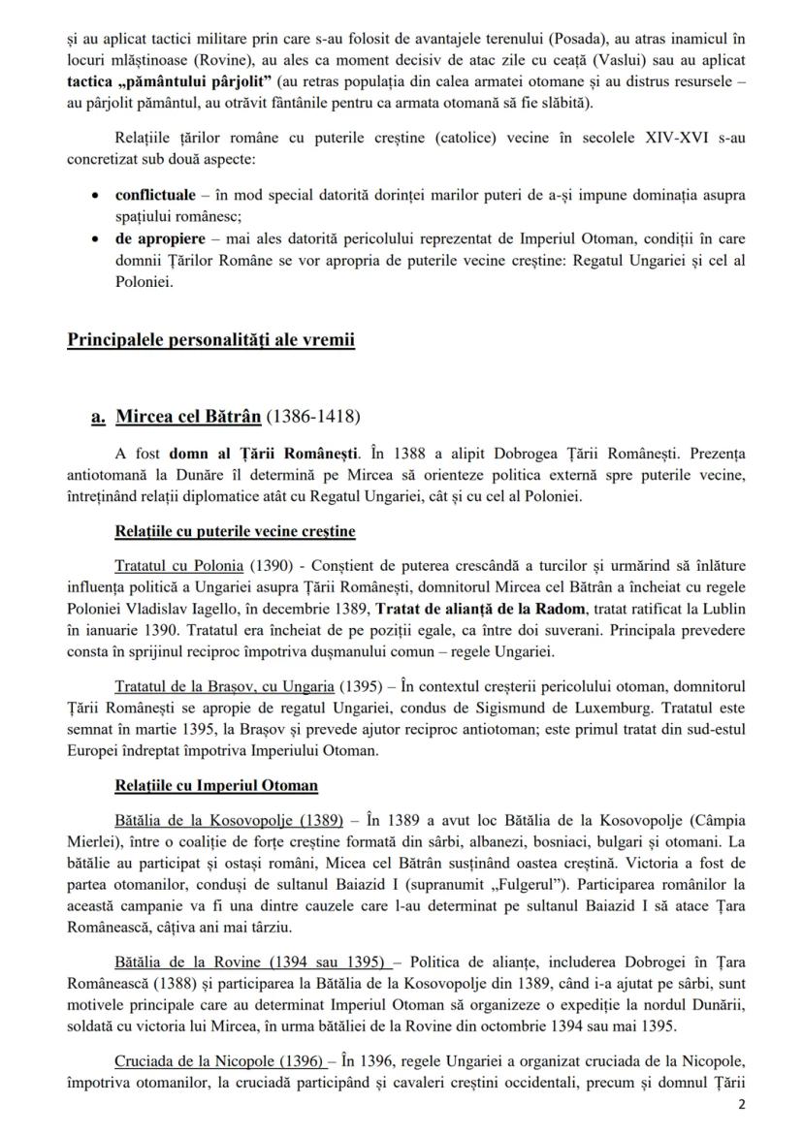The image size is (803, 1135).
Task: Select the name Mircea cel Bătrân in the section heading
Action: [187, 417]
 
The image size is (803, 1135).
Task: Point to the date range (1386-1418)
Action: [311, 417]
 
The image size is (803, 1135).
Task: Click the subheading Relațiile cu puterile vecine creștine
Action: [234, 531]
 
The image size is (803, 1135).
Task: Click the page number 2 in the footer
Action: [742, 1106]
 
